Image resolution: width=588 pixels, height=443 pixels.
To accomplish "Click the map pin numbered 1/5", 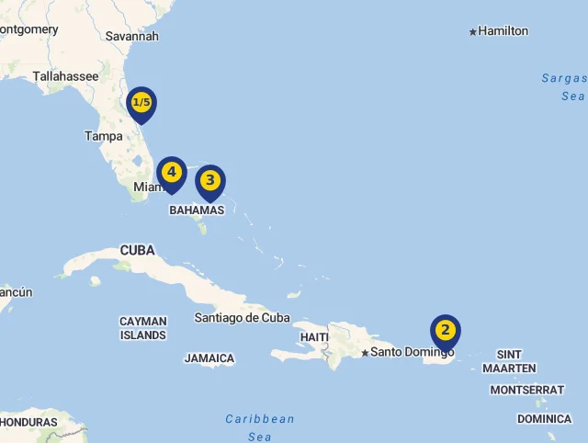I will (141, 103).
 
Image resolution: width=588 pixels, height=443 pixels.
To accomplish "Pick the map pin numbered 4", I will (171, 173).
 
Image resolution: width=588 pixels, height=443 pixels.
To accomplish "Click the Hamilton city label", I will (503, 31).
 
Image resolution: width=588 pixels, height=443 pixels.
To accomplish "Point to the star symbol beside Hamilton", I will (473, 32).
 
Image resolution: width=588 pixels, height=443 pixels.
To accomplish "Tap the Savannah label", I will (132, 36).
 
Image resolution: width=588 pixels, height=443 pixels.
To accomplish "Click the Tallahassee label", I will (65, 76).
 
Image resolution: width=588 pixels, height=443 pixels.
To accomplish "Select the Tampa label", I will (104, 136).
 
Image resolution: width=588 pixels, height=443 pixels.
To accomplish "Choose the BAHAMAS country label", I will (197, 210).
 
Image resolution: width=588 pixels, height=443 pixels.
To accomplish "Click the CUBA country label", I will (137, 251).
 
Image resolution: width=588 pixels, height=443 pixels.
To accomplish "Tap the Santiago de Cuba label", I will (242, 318).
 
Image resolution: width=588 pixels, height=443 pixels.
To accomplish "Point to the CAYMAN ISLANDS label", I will (143, 328).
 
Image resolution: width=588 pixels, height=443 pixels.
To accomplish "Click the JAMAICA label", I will (209, 358).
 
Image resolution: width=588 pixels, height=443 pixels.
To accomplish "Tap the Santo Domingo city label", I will (413, 352).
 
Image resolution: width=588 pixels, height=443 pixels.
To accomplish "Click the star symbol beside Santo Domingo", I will (365, 353).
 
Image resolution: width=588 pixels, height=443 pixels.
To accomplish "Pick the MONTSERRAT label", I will (526, 390).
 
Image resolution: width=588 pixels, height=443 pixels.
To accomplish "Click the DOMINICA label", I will (544, 419).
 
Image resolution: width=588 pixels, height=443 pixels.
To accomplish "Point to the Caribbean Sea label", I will (260, 427).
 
